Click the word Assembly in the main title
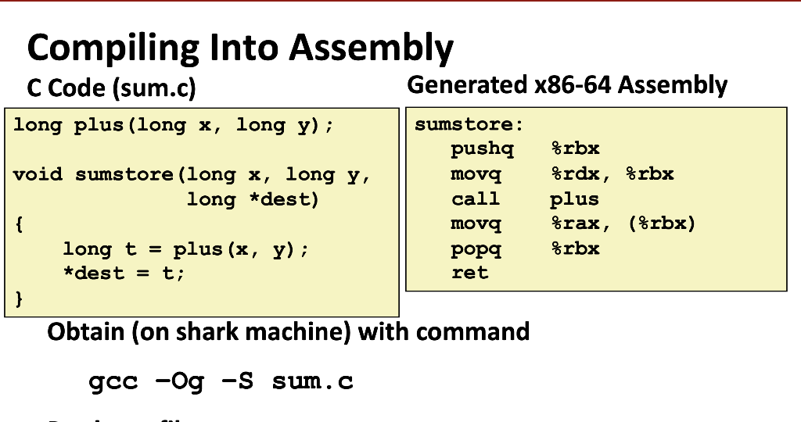point(372,48)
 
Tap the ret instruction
point(469,273)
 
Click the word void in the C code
point(38,174)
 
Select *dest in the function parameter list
point(284,199)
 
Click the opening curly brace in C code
point(19,224)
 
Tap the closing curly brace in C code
point(19,299)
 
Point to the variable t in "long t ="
point(130,249)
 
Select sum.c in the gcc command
point(313,382)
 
